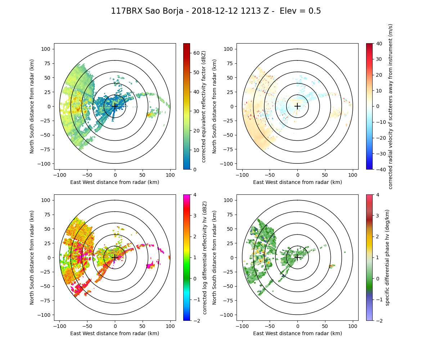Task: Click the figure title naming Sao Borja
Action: coord(216,11)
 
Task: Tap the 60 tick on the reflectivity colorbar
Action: coord(195,53)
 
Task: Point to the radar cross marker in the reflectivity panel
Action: coord(115,106)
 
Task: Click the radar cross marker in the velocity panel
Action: coord(297,106)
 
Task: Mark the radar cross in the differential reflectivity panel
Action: coord(115,257)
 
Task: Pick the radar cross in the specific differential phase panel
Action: coord(297,257)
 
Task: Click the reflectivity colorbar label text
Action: coord(204,106)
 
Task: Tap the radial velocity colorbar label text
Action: coord(390,106)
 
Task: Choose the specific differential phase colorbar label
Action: coord(387,257)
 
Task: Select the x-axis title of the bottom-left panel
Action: coord(115,333)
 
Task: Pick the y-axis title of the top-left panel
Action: coord(32,106)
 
